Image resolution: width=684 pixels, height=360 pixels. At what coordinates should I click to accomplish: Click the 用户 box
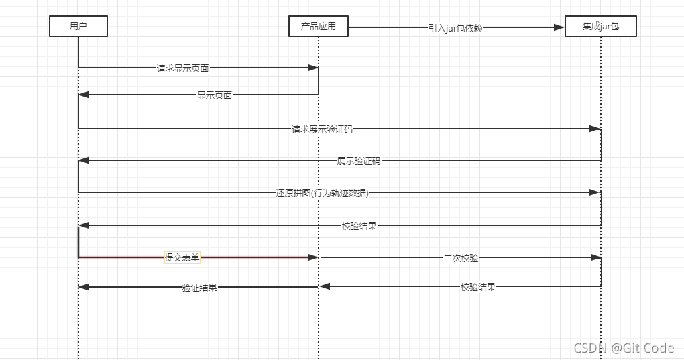coord(78,26)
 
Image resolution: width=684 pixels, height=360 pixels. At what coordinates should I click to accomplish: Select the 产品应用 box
coord(319,26)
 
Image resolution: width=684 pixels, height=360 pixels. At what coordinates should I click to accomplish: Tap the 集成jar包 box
coord(600,26)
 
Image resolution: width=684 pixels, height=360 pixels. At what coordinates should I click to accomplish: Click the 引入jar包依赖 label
coord(455,27)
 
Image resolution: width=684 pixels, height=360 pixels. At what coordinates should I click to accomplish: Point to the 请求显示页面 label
coord(182,68)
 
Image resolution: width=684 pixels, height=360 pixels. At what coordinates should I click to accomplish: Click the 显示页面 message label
coord(215,95)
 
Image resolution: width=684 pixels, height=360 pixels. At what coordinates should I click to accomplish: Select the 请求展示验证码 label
coord(322,129)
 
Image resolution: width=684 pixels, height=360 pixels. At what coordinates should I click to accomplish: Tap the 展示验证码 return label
coord(359,161)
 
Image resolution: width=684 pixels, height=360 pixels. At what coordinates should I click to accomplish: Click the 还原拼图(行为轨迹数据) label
coord(323,193)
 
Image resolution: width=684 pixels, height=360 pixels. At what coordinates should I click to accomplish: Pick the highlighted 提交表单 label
coord(182,257)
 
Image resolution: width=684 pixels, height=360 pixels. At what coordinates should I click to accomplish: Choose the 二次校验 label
coord(461,257)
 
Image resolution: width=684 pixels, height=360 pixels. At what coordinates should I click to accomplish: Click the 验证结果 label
coord(199,287)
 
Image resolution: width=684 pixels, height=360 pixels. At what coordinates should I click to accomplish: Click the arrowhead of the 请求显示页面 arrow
coord(312,68)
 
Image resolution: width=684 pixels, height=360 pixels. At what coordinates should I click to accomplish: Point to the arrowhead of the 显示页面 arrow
coord(84,95)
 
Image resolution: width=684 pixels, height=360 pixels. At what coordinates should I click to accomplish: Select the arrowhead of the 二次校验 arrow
coord(595,257)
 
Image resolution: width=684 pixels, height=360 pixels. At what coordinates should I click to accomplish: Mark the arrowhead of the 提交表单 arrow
coord(312,257)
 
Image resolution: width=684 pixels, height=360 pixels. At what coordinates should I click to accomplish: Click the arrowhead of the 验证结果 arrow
coord(84,287)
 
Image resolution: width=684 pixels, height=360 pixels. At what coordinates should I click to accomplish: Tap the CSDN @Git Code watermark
coord(624,347)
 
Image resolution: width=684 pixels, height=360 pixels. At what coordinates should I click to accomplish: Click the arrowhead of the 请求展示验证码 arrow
coord(595,128)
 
